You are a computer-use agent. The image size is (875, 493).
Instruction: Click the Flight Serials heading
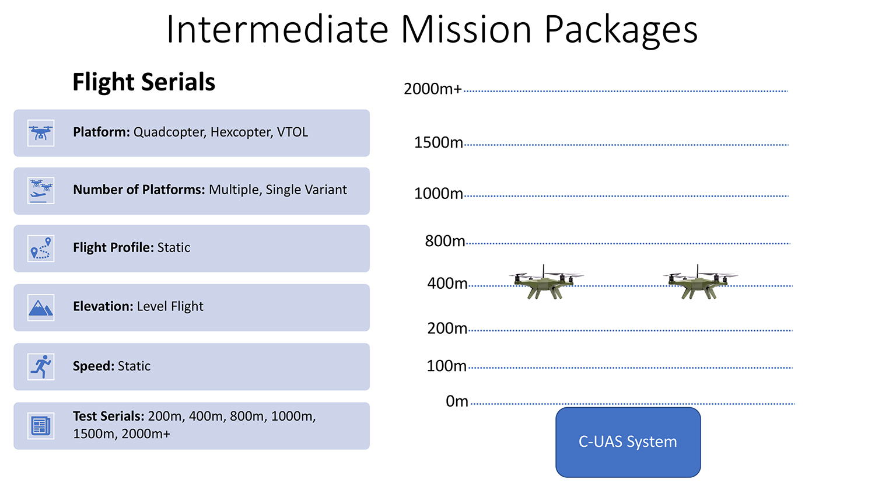(x=143, y=82)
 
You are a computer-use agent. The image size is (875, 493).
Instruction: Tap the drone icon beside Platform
(x=41, y=133)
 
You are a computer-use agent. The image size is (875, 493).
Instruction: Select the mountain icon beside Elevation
(x=41, y=308)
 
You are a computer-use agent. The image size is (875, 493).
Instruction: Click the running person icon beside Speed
(x=41, y=366)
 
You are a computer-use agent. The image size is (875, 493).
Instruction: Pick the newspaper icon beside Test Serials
(x=41, y=426)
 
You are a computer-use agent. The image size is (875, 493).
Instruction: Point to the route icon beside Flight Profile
(x=41, y=249)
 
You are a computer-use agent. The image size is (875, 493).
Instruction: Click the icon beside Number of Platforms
(x=41, y=191)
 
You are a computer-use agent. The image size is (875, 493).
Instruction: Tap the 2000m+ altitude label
(x=433, y=89)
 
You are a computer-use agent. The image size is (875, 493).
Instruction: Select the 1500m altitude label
(x=438, y=142)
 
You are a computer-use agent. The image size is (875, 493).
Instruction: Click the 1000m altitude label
(x=438, y=194)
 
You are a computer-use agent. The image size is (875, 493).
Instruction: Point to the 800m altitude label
(x=445, y=241)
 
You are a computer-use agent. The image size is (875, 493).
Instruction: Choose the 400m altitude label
(x=447, y=284)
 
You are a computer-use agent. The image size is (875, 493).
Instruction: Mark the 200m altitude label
(x=447, y=328)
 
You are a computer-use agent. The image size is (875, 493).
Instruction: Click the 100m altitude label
(x=446, y=366)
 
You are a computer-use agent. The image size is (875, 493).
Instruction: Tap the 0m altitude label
(x=457, y=401)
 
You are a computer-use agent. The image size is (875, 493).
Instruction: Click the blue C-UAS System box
(x=628, y=442)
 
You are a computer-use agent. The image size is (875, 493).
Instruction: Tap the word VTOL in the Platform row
(x=292, y=132)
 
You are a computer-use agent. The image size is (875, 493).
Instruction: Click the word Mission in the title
(x=466, y=30)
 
